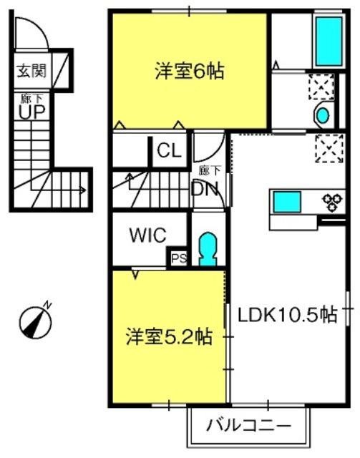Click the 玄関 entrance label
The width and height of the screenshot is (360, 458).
click(31, 71)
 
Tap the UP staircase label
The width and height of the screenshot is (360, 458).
click(32, 112)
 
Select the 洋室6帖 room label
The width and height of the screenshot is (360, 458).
click(190, 71)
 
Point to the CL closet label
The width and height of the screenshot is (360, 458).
click(169, 151)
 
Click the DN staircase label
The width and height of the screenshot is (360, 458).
click(205, 189)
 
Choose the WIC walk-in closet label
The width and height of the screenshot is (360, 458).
click(148, 235)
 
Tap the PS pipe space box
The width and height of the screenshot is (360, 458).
click(178, 258)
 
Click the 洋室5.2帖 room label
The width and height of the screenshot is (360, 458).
click(169, 336)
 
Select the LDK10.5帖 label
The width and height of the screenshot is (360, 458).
click(288, 315)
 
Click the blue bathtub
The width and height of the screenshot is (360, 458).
click(329, 42)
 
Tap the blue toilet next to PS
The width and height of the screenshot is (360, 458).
click(208, 249)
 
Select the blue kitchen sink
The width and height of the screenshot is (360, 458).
click(287, 202)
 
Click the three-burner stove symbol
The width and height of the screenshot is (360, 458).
click(332, 202)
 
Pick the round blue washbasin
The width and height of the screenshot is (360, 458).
click(323, 115)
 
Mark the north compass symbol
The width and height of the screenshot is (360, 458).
click(36, 322)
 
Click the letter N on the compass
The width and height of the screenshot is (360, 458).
click(47, 305)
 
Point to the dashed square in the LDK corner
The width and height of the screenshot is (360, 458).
click(329, 148)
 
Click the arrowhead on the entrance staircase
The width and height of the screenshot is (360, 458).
click(84, 190)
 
